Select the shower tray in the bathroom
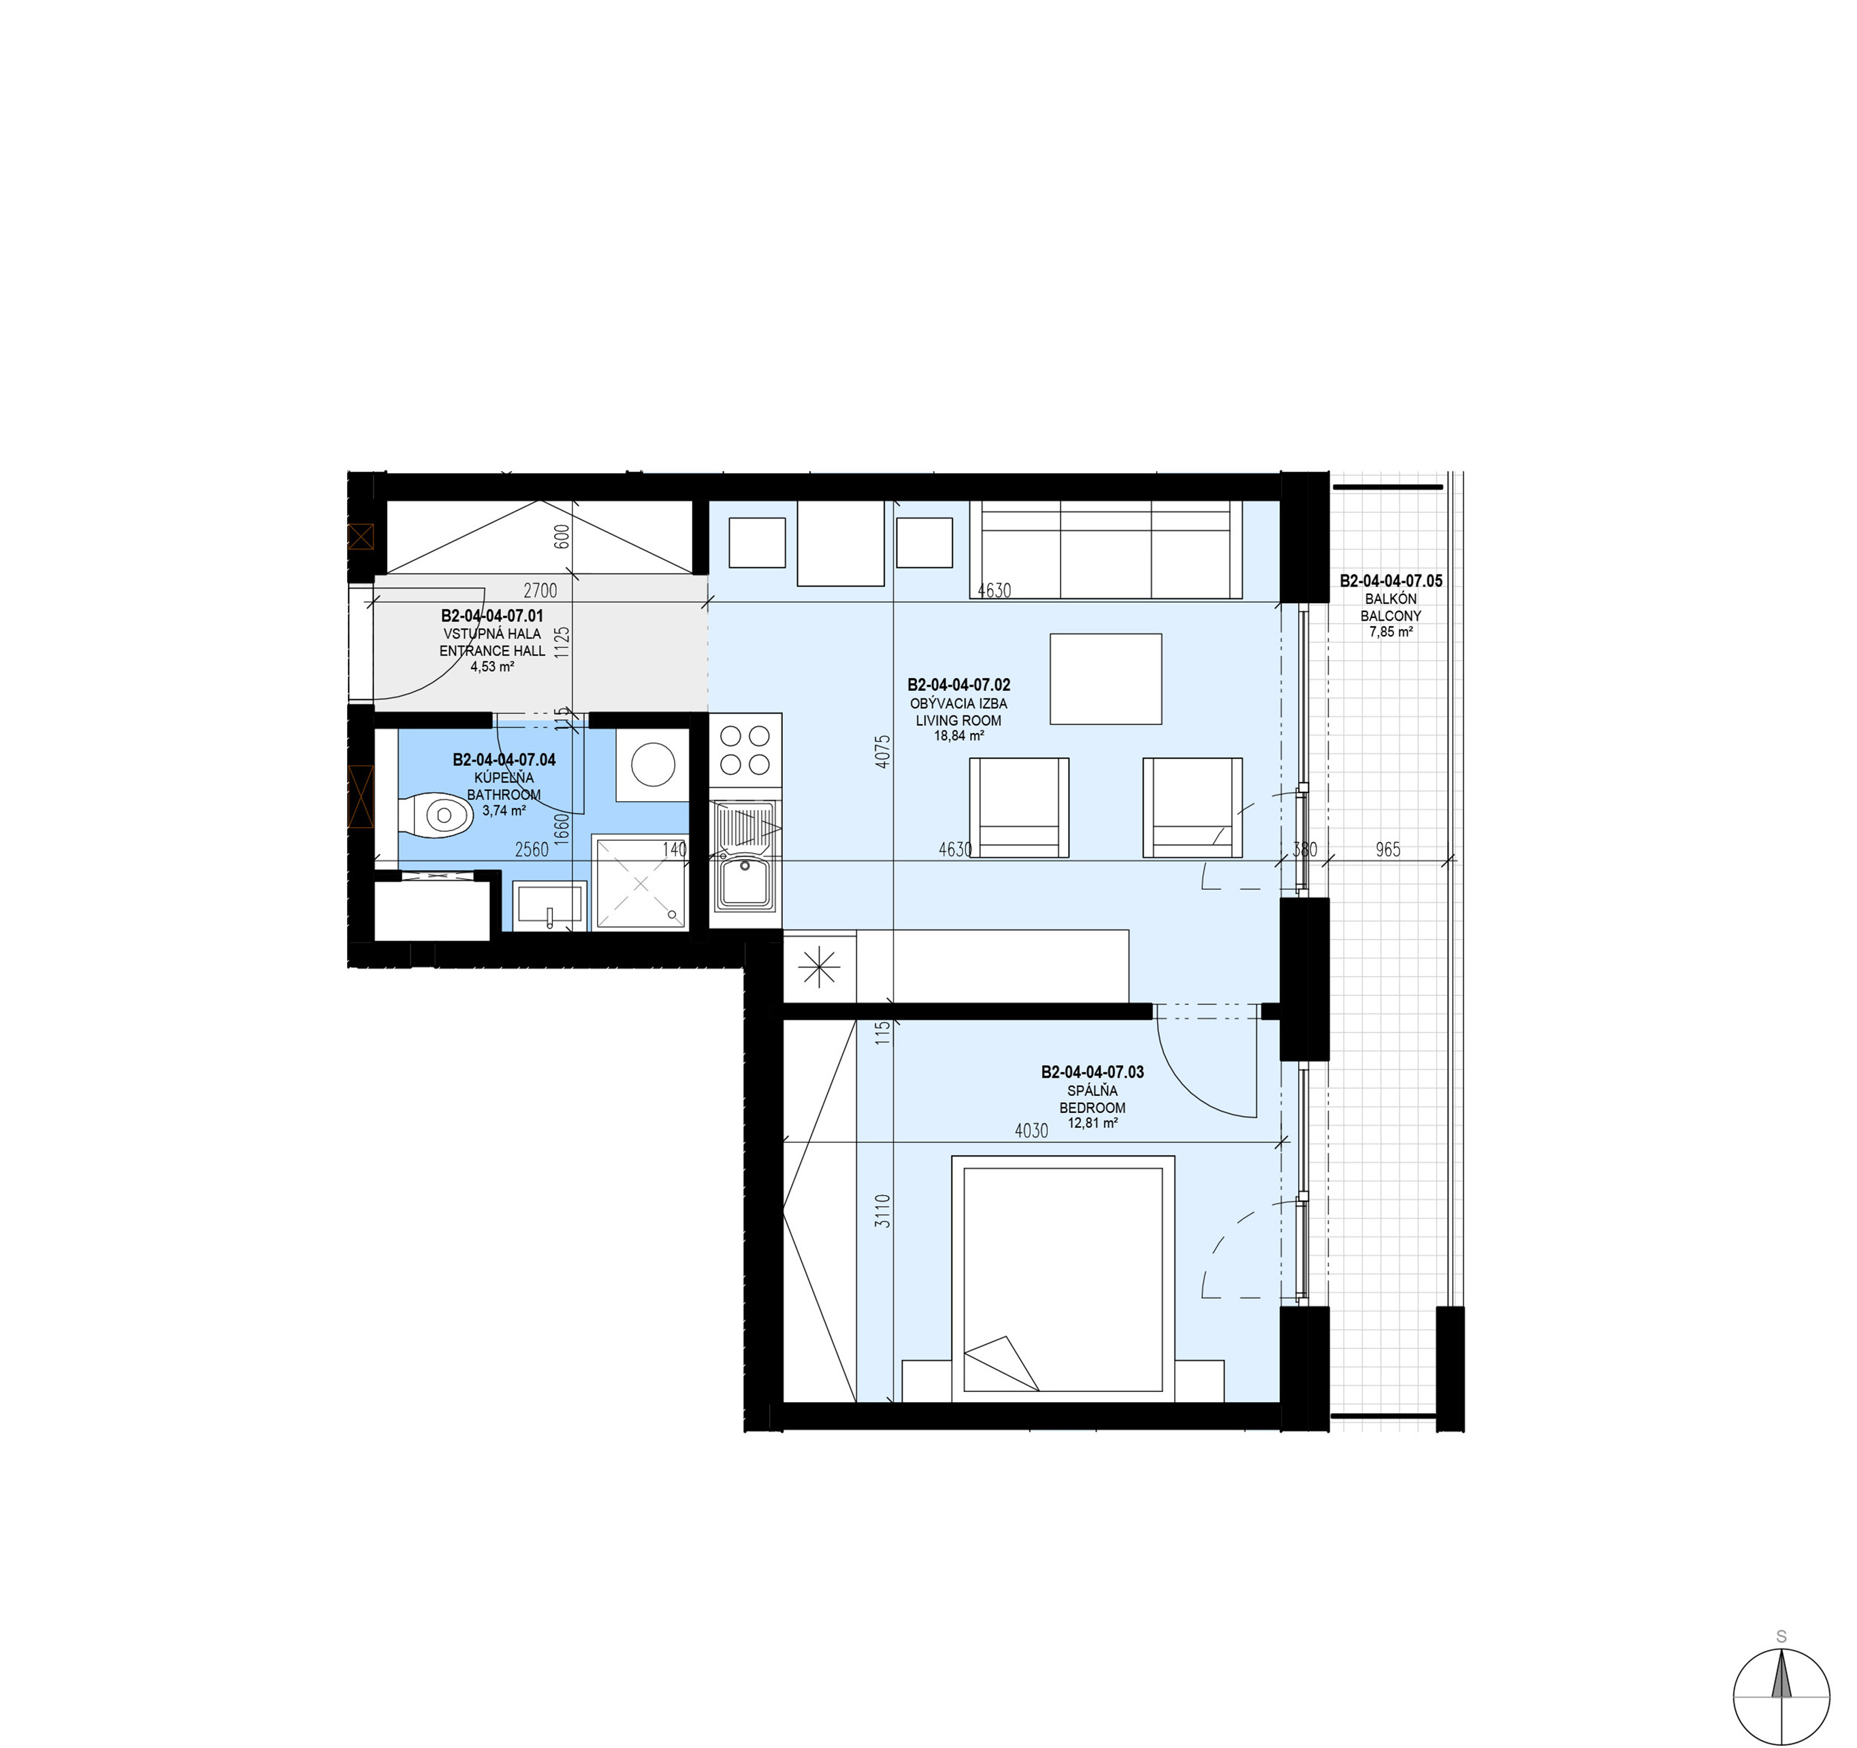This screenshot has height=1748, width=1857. (640, 883)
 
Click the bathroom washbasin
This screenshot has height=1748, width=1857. (549, 906)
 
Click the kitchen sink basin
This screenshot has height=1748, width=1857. (745, 883)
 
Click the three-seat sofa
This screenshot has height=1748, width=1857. (1106, 549)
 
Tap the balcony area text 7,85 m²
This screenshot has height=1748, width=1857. (1391, 632)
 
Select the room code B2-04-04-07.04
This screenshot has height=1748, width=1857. (504, 760)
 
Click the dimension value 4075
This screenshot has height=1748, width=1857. (884, 752)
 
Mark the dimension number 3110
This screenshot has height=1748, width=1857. (884, 1211)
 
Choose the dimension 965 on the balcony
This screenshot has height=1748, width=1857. (1388, 849)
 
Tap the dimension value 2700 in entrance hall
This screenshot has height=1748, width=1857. (540, 590)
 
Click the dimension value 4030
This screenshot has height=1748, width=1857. (1031, 1131)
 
